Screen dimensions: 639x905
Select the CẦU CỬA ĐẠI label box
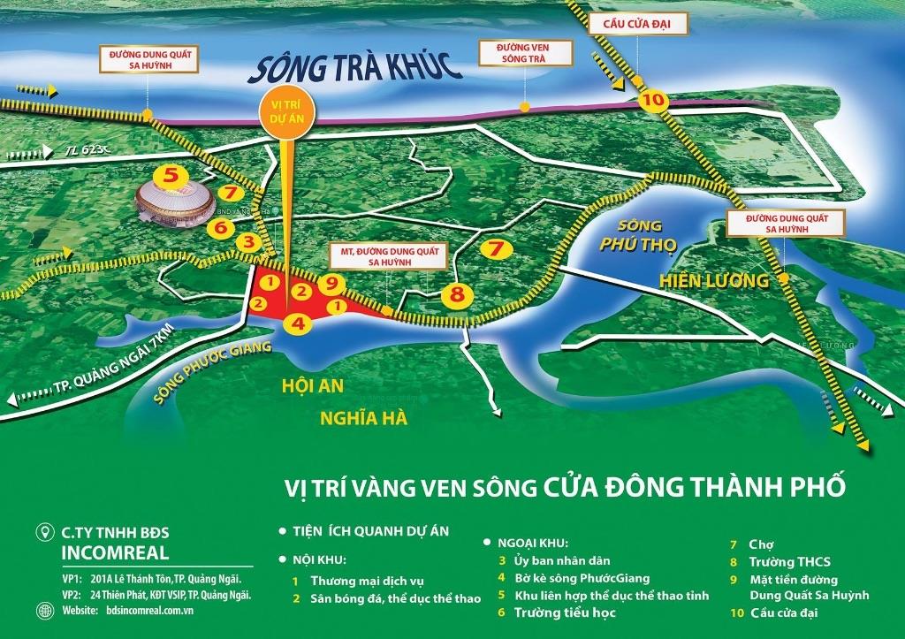click(642, 25)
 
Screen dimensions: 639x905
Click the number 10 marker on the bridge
click(653, 100)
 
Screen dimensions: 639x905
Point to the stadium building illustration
click(174, 202)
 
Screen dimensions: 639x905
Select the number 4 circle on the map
click(298, 323)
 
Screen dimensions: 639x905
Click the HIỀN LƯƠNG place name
click(714, 281)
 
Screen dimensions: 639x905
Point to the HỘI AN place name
click(313, 386)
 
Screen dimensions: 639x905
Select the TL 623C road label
click(82, 152)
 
